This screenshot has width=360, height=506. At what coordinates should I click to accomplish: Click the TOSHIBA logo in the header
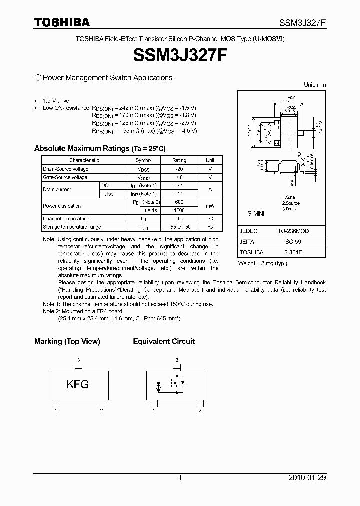point(61,22)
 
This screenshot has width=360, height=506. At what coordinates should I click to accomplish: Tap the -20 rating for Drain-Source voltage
point(179,169)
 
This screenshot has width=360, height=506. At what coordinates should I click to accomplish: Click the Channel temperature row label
point(65,219)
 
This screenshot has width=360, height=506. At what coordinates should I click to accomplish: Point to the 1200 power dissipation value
point(179,210)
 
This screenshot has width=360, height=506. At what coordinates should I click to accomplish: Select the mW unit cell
point(210,206)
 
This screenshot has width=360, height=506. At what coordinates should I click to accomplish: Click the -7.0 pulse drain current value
point(179,194)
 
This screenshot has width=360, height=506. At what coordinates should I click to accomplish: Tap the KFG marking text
point(78,384)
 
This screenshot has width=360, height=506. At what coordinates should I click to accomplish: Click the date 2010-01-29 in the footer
point(307,478)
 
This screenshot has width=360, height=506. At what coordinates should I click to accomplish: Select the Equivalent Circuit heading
point(164,341)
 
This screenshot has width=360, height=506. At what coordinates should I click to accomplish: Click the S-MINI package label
point(255,213)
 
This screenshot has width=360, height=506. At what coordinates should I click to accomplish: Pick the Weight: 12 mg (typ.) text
point(262,263)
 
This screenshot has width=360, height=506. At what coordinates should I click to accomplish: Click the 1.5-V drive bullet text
point(56,100)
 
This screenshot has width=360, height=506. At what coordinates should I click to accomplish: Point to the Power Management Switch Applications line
point(107,78)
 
